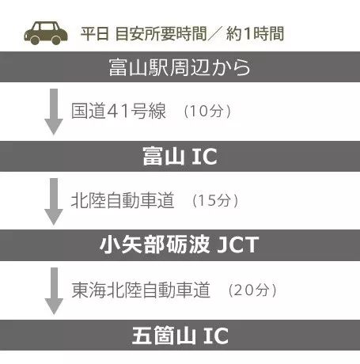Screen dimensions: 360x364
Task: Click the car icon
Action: coord(46,33)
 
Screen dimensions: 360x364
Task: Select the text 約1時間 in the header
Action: coord(255,34)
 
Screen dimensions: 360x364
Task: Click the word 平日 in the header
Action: coord(95,34)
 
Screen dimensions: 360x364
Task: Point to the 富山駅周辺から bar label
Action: coord(180,67)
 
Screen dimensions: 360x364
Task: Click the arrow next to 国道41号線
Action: coord(54,112)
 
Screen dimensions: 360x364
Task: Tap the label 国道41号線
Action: coord(119,111)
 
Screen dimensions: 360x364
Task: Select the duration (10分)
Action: coord(207,111)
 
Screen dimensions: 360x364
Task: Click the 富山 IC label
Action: coord(180,157)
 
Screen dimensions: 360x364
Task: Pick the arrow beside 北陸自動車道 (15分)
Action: coord(54,202)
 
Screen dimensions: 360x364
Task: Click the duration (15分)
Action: coord(215,200)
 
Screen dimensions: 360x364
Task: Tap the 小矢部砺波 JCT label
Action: coord(180,245)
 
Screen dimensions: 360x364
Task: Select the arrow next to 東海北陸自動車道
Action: coord(54,291)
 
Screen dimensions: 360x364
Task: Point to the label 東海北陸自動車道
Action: coord(141,290)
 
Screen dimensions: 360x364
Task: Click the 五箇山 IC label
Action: coord(180,336)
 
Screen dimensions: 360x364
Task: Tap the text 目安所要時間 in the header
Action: coord(161,34)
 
